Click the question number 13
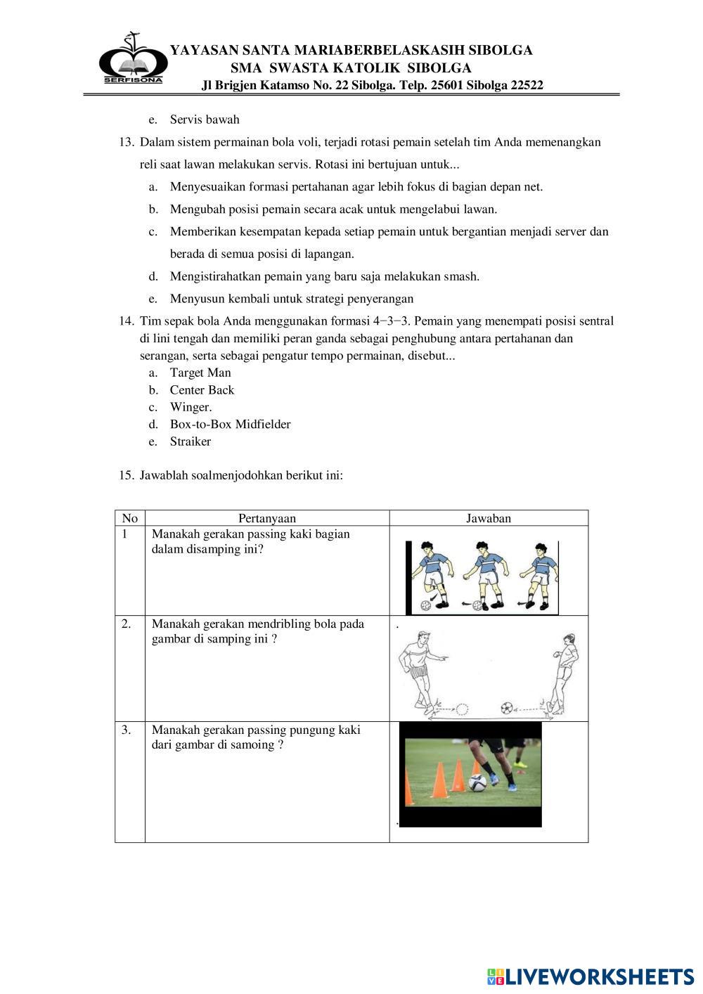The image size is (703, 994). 127,142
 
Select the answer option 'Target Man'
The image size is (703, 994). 200,373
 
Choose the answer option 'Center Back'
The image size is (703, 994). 202,390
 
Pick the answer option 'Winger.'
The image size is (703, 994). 191,407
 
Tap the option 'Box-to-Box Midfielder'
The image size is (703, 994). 230,424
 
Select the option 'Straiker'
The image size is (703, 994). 190,441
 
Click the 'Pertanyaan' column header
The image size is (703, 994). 267,518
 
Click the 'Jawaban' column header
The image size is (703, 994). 489,518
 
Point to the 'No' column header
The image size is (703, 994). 130,518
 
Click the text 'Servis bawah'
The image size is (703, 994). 205,120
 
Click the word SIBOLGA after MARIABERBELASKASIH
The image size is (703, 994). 501,50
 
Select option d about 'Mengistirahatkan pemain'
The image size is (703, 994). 324,276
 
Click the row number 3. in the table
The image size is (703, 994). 127,730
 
